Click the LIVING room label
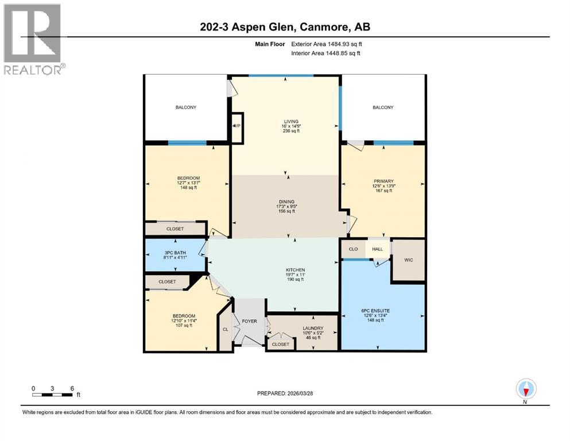coord(286,121)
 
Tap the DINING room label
coord(286,202)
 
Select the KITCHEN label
coord(296,270)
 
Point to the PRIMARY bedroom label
coord(383,181)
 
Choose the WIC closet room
coord(408,260)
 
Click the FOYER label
coord(249,321)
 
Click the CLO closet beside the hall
coord(354,249)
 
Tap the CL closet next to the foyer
coord(225,330)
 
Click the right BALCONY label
coord(383,107)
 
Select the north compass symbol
coord(526,389)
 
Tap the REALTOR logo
coord(33,39)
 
